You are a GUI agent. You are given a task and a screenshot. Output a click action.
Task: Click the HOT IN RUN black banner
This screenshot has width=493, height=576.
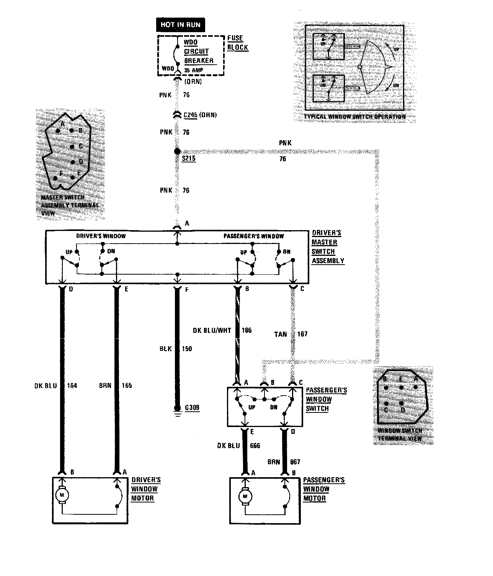click(180, 25)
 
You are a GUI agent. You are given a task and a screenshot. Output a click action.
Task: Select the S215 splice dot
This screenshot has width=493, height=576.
click(177, 152)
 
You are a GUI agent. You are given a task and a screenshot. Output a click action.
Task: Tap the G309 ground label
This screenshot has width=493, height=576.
click(192, 408)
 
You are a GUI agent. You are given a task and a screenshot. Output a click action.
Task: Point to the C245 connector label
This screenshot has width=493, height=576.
click(190, 115)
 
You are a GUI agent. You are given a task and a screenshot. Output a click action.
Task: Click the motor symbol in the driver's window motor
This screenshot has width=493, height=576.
click(61, 495)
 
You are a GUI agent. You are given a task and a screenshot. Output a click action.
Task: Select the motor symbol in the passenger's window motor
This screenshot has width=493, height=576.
click(245, 497)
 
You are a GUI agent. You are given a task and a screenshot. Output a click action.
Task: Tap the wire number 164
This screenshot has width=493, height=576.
click(72, 385)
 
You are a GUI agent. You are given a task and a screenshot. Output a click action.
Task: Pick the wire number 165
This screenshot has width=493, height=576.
click(127, 385)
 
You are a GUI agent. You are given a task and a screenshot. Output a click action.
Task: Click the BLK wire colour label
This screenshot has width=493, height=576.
click(166, 349)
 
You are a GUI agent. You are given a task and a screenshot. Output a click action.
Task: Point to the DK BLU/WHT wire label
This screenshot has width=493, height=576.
click(212, 330)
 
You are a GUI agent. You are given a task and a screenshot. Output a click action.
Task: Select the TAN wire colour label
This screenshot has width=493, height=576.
click(280, 334)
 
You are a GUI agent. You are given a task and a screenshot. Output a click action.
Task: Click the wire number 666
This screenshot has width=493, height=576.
click(255, 445)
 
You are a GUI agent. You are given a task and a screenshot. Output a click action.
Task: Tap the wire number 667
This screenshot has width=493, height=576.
click(295, 462)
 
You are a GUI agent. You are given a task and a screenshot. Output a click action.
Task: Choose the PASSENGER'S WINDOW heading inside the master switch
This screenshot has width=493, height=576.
click(254, 236)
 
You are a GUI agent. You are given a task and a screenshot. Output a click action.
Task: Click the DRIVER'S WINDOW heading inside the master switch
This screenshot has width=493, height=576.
click(101, 236)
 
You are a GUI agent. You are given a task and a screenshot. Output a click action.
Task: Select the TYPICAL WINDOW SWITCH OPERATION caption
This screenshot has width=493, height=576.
click(354, 117)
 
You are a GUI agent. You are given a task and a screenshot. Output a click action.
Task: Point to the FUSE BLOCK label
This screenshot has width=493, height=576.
click(238, 43)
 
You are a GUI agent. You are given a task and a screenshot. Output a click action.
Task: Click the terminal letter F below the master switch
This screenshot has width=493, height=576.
click(187, 290)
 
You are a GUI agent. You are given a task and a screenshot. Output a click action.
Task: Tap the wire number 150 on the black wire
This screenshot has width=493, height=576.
click(187, 349)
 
